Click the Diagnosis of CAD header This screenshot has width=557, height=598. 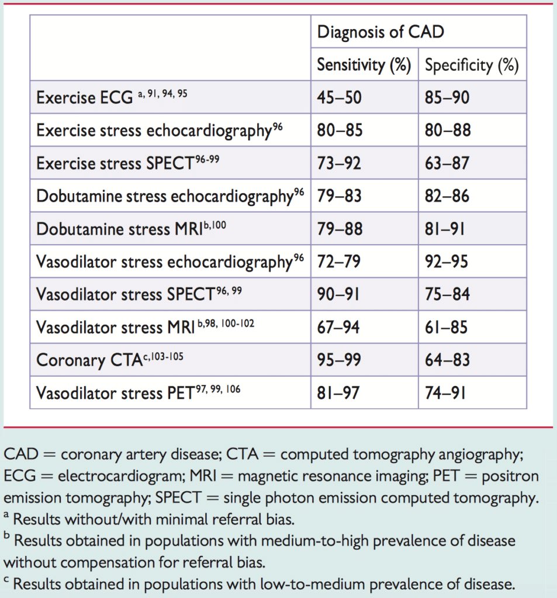click(x=380, y=32)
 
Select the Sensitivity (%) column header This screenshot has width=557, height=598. click(x=364, y=65)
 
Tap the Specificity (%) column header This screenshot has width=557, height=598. click(x=472, y=65)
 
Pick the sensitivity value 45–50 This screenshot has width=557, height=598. click(x=339, y=98)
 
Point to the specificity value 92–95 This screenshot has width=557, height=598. click(x=447, y=262)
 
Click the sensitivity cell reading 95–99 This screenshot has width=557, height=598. click(x=339, y=360)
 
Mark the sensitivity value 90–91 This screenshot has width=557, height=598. click(x=338, y=294)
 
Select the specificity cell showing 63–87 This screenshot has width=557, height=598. click(x=447, y=163)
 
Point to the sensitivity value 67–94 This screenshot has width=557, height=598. click(x=340, y=327)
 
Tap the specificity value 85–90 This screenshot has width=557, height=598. click(x=447, y=98)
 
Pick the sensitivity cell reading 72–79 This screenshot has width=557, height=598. click(x=339, y=262)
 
